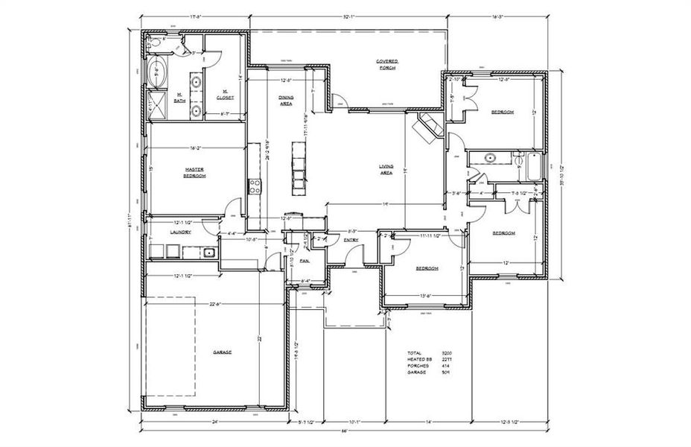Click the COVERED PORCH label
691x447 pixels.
(x=386, y=63)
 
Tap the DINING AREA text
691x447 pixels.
(x=286, y=101)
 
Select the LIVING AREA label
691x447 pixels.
(x=386, y=170)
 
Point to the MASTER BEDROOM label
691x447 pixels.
(x=194, y=173)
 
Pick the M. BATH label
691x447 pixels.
(x=180, y=95)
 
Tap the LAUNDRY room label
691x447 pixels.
(x=181, y=232)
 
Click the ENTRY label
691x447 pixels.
(x=351, y=239)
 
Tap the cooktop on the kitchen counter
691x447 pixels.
(x=255, y=186)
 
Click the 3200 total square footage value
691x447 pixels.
(x=447, y=352)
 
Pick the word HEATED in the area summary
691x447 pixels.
(x=415, y=359)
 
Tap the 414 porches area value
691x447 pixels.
(x=446, y=366)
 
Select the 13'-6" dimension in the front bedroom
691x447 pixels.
(x=426, y=295)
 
